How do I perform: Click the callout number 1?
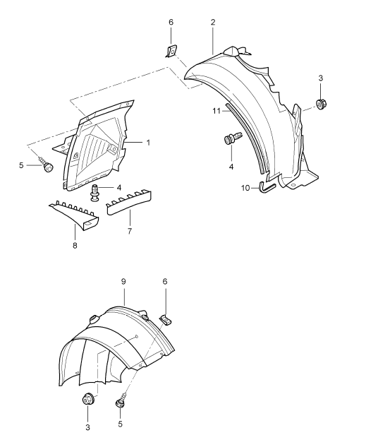coord(148,142)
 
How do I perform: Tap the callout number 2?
coord(213,22)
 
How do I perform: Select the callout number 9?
coord(123,282)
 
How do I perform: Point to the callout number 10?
coord(245,188)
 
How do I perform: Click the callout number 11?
coord(216,111)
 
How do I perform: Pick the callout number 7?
coord(130,231)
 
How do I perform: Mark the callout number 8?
coord(75,245)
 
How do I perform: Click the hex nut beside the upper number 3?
coord(321,104)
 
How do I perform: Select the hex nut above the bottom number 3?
coord(87,399)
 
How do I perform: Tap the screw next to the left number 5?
coord(47,165)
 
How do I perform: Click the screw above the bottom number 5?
coord(121,401)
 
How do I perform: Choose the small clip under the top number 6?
coord(171,52)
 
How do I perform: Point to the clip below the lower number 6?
coord(165,320)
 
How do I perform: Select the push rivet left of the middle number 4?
coord(95,193)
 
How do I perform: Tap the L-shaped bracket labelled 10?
coord(267,188)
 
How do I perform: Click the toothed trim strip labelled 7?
coord(129,203)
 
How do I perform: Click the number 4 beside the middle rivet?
coord(119,188)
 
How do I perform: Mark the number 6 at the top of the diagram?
coord(171,22)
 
